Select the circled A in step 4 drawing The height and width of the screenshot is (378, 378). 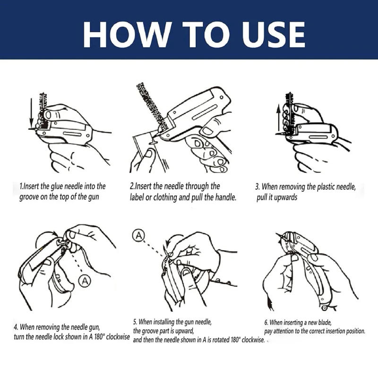pyautogui.click(x=84, y=282)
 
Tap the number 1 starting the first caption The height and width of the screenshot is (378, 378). pyautogui.click(x=21, y=186)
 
